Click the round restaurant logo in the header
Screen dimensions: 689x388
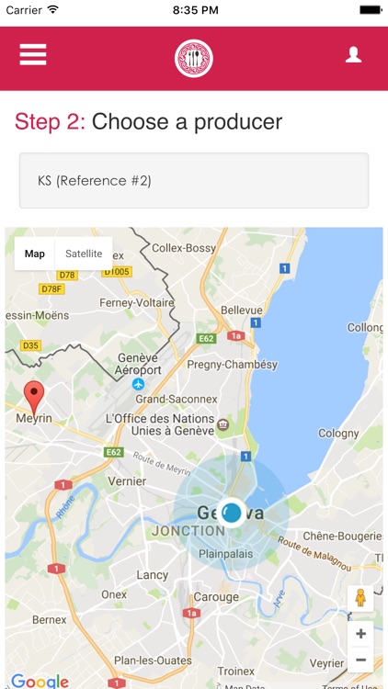[x=194, y=58]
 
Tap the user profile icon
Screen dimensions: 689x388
[x=353, y=55]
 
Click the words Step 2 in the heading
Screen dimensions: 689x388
[x=50, y=122]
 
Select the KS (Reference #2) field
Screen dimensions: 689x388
[x=194, y=181]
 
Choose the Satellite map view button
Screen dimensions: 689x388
[x=84, y=254]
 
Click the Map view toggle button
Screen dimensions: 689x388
[x=35, y=254]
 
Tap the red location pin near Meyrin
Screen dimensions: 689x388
[x=35, y=398]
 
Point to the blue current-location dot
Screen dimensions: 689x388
[x=232, y=513]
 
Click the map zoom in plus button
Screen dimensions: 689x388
[x=360, y=634]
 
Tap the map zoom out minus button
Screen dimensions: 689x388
[x=360, y=660]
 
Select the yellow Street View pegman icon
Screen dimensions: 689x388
[x=360, y=598]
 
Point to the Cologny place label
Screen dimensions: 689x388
[x=338, y=434]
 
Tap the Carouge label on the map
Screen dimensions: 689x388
[x=217, y=597]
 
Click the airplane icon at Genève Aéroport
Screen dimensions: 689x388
[x=138, y=384]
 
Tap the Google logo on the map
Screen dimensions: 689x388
[x=40, y=681]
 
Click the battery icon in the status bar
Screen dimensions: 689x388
[x=371, y=9]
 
